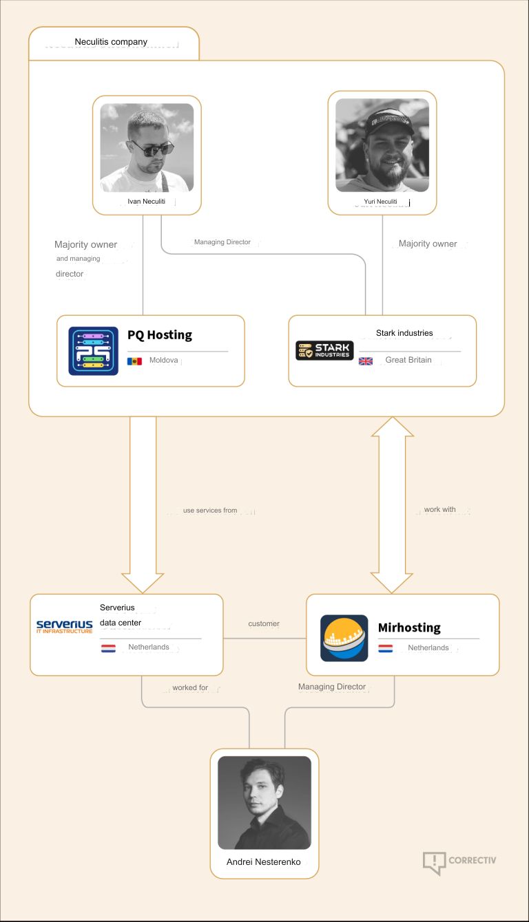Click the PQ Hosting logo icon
click(x=93, y=351)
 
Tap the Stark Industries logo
click(x=324, y=350)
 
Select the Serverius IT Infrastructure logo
click(x=64, y=626)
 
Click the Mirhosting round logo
click(x=344, y=638)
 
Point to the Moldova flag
click(x=134, y=361)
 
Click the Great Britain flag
click(x=366, y=361)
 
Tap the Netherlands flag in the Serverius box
click(x=108, y=647)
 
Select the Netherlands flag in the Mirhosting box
click(x=386, y=648)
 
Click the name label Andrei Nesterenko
click(x=264, y=861)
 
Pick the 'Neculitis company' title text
click(x=111, y=42)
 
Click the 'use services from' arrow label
click(x=210, y=511)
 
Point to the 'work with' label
click(x=439, y=510)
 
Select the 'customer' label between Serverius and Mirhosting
click(x=264, y=624)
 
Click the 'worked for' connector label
click(x=190, y=687)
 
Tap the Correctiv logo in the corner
click(x=459, y=861)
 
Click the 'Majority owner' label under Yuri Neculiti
click(x=428, y=244)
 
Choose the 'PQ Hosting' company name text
click(x=160, y=335)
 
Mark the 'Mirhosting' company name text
click(x=409, y=628)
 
